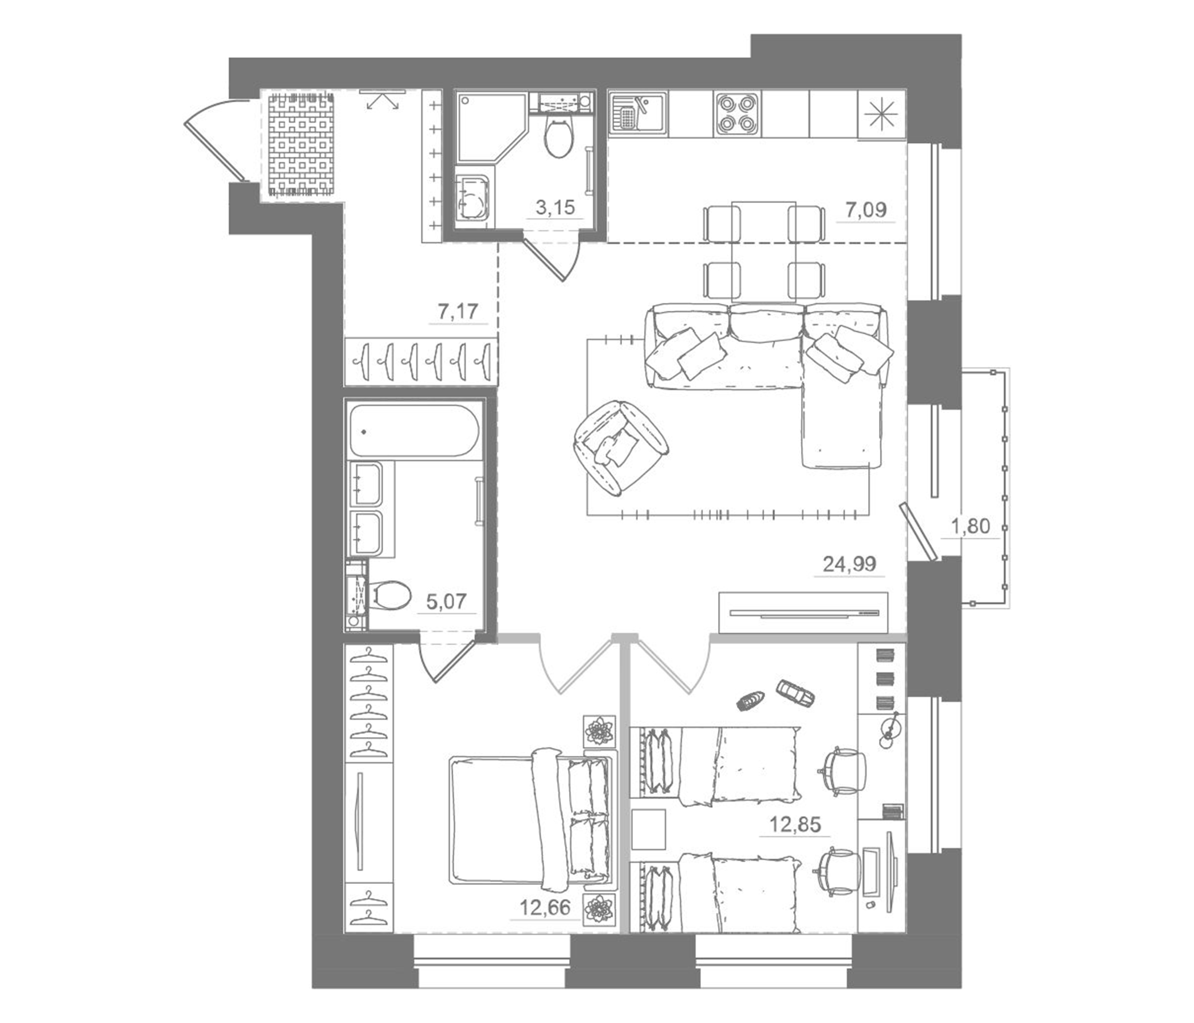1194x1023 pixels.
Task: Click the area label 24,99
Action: click(x=849, y=564)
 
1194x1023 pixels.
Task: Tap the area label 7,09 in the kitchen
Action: click(x=865, y=209)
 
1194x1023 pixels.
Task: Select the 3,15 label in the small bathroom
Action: click(x=555, y=207)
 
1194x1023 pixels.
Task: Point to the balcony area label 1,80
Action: click(x=971, y=526)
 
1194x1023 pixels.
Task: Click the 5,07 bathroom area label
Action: click(x=445, y=602)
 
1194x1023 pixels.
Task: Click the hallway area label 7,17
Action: click(x=458, y=311)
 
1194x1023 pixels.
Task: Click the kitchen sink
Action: click(x=639, y=114)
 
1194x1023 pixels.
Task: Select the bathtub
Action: click(x=413, y=431)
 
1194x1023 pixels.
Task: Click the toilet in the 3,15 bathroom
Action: click(x=558, y=136)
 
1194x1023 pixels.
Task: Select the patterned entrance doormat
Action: click(x=301, y=145)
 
